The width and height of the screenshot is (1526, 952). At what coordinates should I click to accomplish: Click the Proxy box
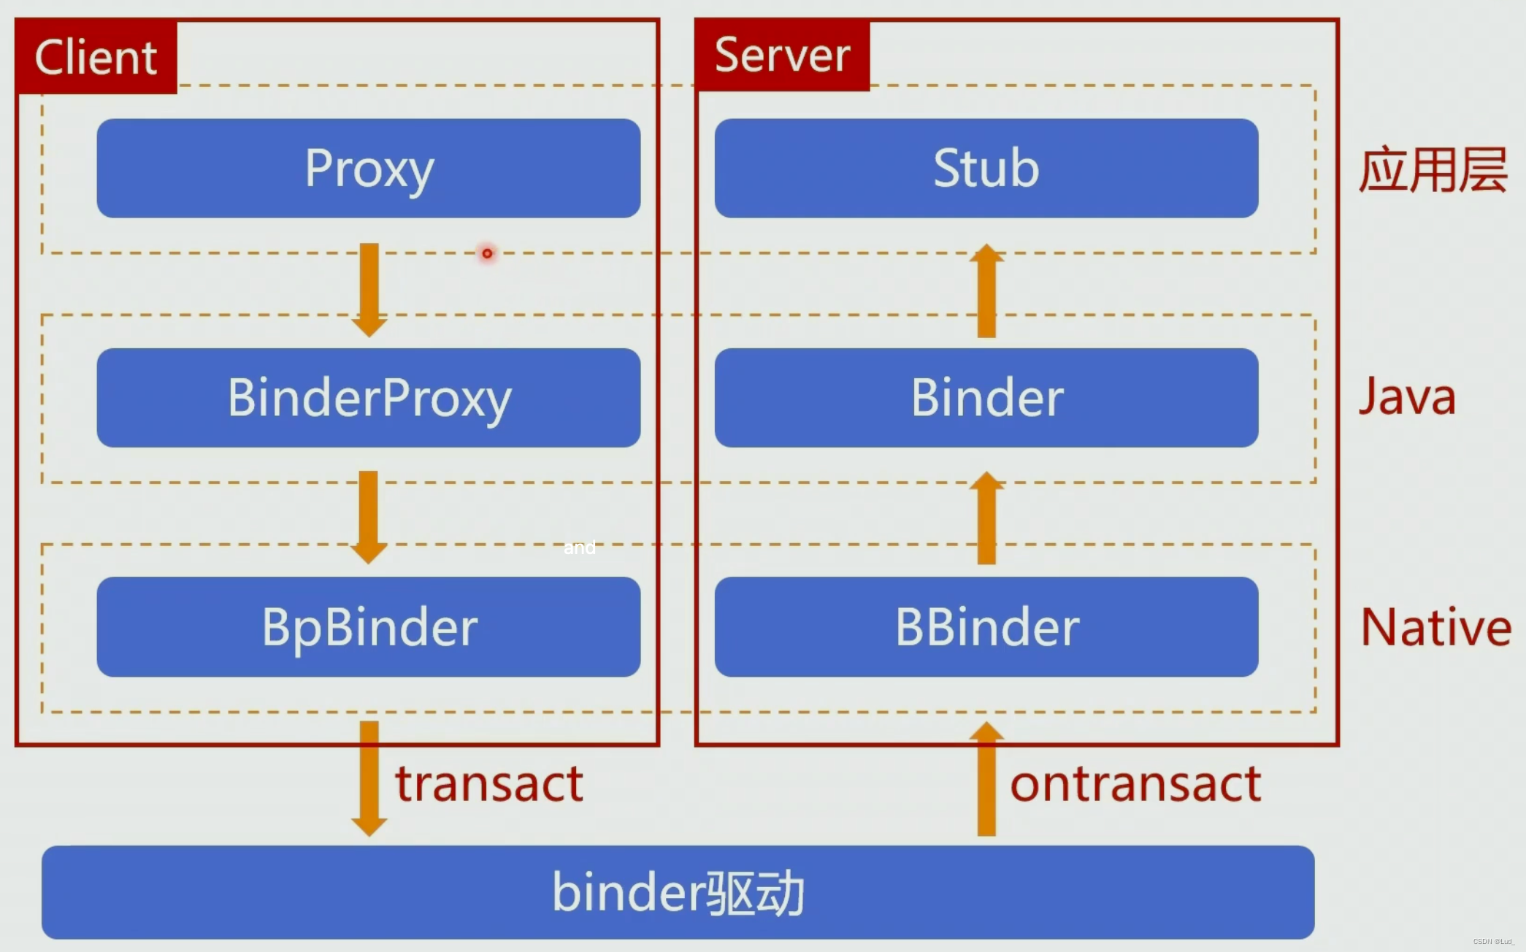tap(369, 168)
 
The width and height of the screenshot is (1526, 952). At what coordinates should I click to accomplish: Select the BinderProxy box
tap(369, 398)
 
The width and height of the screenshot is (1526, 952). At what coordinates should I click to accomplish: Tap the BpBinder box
tap(369, 626)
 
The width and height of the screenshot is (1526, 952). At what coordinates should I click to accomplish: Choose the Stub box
tap(986, 168)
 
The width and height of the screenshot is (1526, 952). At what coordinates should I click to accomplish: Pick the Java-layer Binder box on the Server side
tap(986, 398)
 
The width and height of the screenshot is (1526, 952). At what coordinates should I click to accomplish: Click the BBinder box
tap(986, 626)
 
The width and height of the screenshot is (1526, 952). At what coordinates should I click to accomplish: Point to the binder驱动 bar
tap(678, 892)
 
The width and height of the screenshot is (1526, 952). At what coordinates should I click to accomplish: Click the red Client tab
tap(96, 57)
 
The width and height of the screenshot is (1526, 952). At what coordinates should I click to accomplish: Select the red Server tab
tap(782, 55)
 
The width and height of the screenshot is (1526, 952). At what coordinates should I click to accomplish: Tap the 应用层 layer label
tap(1433, 169)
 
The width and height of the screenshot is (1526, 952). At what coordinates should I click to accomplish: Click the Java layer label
tap(1407, 397)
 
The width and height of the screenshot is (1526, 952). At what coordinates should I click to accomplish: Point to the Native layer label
tap(1435, 627)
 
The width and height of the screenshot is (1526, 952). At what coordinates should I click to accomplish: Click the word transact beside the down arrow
tap(489, 783)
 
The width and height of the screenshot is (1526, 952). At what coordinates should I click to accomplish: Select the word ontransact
tap(1135, 783)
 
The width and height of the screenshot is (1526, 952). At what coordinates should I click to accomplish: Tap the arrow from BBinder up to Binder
tap(986, 518)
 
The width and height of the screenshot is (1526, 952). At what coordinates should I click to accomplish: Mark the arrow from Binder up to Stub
tap(986, 291)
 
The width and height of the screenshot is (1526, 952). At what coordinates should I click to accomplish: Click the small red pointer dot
tap(487, 253)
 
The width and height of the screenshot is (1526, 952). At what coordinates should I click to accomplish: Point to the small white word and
tap(580, 548)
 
